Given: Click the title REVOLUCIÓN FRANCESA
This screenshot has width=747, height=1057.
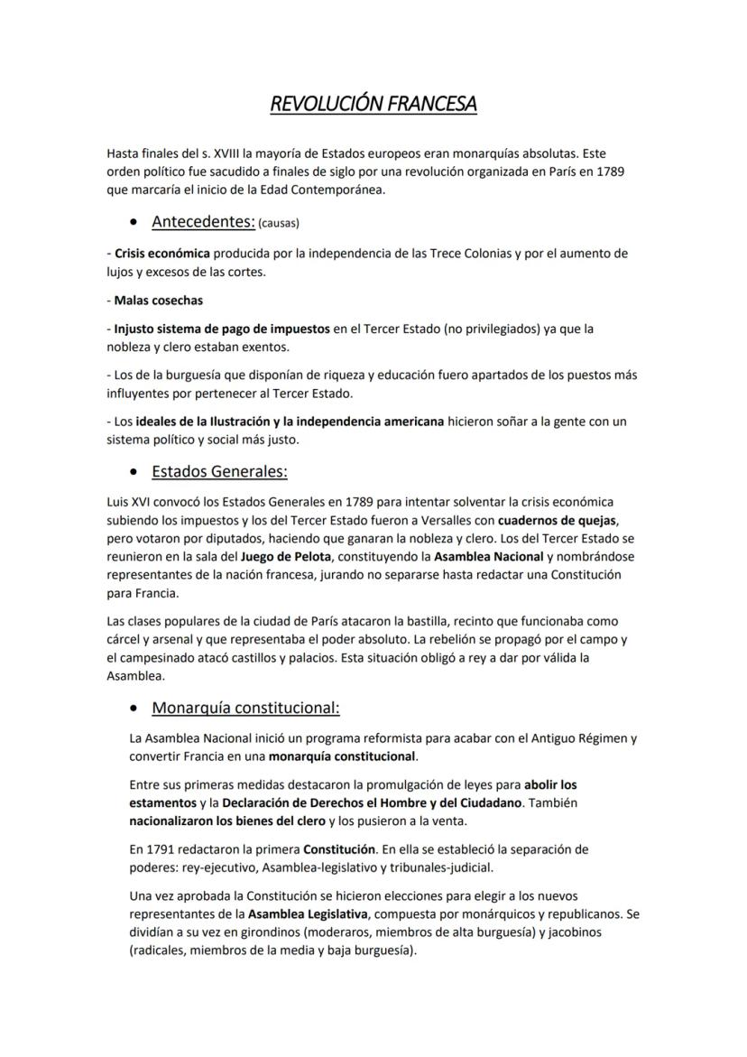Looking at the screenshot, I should (373, 105).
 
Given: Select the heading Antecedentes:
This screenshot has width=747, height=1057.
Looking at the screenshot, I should (203, 221).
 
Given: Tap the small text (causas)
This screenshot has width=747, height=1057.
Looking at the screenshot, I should (279, 223).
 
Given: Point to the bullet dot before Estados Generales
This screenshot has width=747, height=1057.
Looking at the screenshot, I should (134, 472).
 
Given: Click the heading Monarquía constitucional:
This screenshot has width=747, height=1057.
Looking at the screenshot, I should (245, 707).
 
